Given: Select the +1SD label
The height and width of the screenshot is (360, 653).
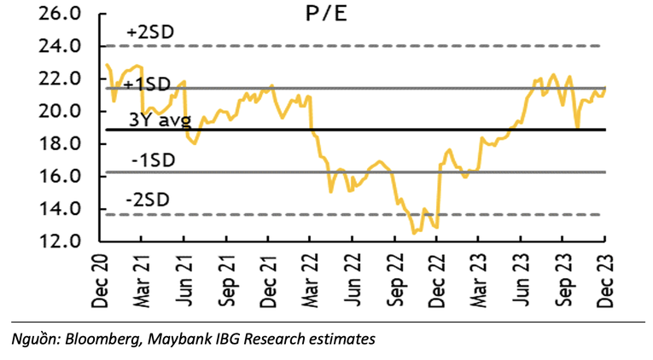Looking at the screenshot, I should point(146,84).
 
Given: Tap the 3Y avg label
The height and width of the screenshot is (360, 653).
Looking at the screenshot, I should point(160,120).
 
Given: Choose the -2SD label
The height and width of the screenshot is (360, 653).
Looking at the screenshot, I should point(148,199).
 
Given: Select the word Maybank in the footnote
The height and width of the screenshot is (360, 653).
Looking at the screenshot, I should point(177,340).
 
